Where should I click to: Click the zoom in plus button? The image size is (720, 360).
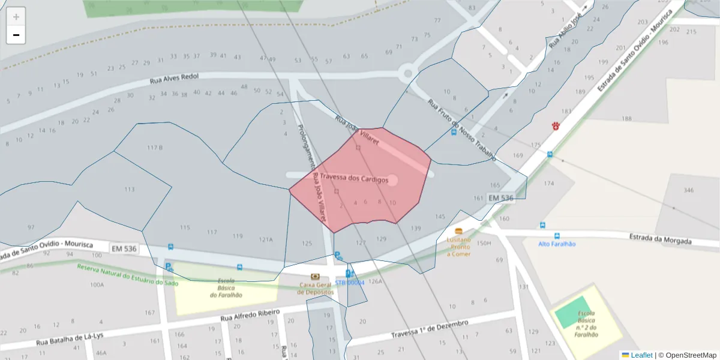pyautogui.click(x=16, y=17)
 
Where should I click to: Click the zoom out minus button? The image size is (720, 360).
pyautogui.click(x=16, y=35)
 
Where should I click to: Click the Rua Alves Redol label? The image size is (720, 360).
pyautogui.click(x=174, y=79)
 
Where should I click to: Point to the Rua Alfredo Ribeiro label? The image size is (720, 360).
pyautogui.click(x=250, y=315)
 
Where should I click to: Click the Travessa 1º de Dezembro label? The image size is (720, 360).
pyautogui.click(x=429, y=329)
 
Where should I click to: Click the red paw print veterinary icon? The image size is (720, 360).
pyautogui.click(x=556, y=126)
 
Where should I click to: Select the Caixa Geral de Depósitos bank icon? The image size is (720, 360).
pyautogui.click(x=315, y=276)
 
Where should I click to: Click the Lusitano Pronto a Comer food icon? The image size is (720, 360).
pyautogui.click(x=459, y=231)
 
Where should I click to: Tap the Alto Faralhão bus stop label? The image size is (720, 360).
pyautogui.click(x=557, y=244)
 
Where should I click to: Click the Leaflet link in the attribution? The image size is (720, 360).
pyautogui.click(x=641, y=355)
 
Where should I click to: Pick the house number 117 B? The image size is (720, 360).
pyautogui.click(x=155, y=148)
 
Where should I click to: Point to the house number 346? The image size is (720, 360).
pyautogui.click(x=688, y=191)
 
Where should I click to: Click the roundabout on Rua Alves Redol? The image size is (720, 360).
pyautogui.click(x=408, y=74)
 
